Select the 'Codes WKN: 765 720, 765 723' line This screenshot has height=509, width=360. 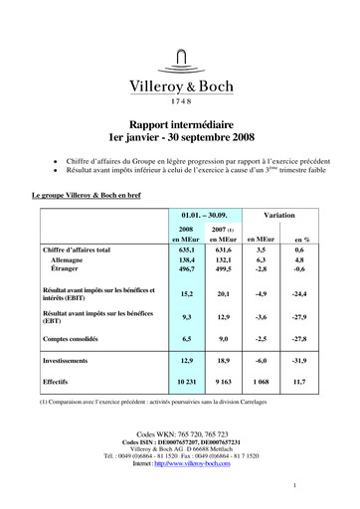pos(180,434)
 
